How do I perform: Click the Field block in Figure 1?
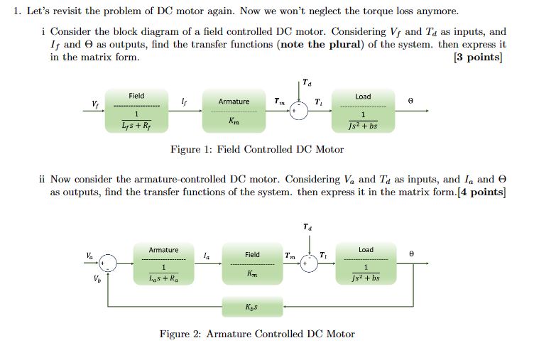click(x=136, y=111)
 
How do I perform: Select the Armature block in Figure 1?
click(x=234, y=111)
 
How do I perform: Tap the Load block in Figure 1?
click(x=363, y=111)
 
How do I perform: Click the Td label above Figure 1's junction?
click(x=305, y=82)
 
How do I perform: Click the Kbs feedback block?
click(x=252, y=306)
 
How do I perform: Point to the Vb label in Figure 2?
click(x=89, y=279)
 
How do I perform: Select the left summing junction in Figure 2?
click(x=108, y=263)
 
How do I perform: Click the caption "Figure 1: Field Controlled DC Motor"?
click(x=257, y=149)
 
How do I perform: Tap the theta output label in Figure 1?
click(x=410, y=102)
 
